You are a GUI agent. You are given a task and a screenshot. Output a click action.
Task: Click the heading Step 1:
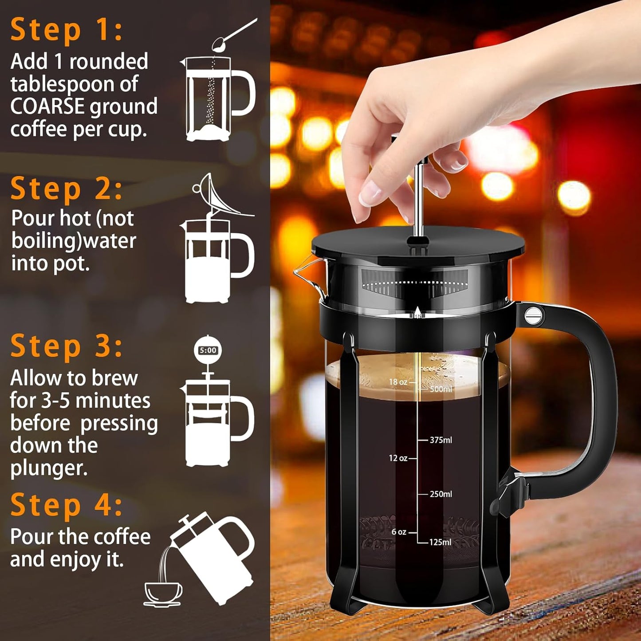pos(67,30)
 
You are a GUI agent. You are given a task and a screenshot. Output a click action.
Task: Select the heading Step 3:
pos(67,346)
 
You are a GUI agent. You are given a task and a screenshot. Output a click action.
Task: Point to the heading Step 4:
pos(67,505)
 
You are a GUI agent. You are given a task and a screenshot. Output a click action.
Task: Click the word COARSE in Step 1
pos(47,107)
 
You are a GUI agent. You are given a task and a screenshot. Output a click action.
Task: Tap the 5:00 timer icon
pos(208,350)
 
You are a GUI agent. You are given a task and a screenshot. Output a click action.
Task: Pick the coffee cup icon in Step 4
pos(163,593)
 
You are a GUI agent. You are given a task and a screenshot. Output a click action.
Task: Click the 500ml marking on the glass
pos(440,389)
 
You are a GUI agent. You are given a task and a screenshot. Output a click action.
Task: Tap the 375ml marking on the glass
pos(440,440)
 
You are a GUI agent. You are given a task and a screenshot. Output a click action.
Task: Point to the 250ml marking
pos(440,494)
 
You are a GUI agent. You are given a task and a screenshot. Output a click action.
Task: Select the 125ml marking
pos(440,542)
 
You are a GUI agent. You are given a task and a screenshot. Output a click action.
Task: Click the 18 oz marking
pos(398,382)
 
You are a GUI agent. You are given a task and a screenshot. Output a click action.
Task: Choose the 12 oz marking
pos(398,458)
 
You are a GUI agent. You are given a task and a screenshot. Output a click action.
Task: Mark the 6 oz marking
pos(399,532)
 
